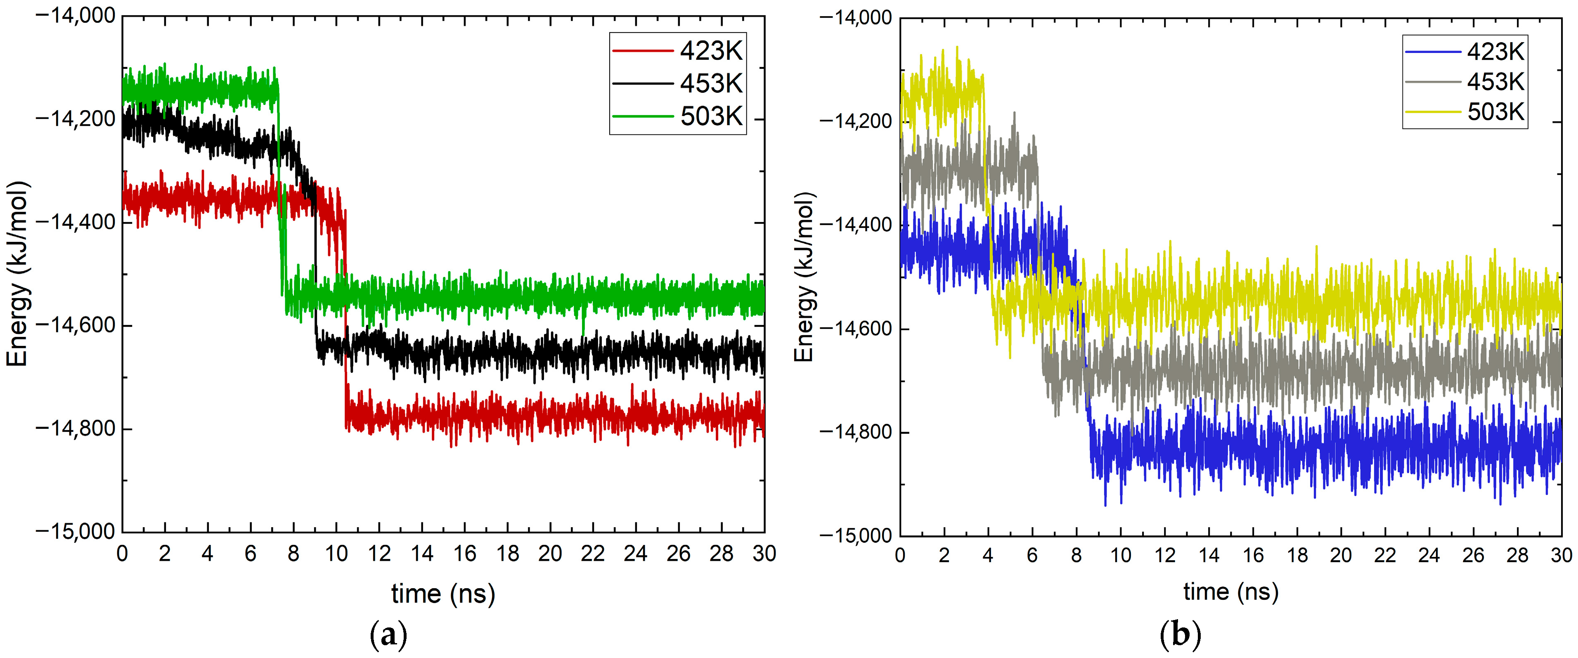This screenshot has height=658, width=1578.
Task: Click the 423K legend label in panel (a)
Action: [711, 51]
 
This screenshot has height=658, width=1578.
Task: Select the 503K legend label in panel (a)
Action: [711, 116]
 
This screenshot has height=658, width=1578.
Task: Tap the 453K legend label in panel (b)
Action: [1495, 81]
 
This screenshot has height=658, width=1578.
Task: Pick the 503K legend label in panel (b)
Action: [1495, 111]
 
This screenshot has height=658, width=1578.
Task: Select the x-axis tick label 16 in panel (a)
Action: [464, 554]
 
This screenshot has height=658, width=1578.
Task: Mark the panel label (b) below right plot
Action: [1180, 635]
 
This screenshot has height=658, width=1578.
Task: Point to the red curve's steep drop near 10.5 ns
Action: [345, 319]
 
